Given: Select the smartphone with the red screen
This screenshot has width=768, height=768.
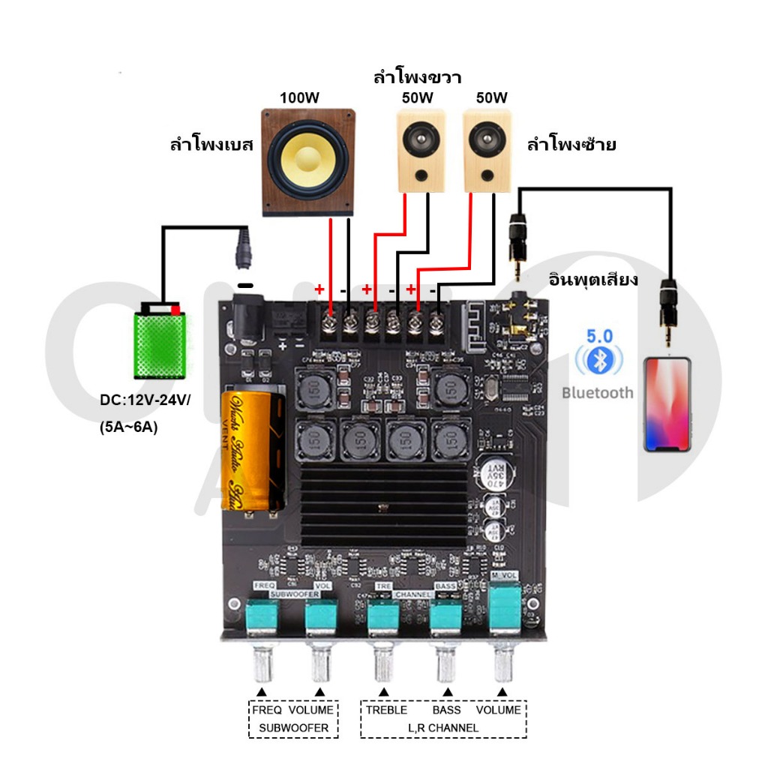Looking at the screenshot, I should click(x=667, y=404).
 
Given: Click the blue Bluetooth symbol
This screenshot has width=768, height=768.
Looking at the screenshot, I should click(x=598, y=361).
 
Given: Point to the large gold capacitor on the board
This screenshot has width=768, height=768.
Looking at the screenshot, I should click(x=253, y=450).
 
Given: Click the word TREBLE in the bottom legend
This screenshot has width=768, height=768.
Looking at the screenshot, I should click(x=386, y=709).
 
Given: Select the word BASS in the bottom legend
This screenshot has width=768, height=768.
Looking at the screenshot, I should click(x=447, y=709).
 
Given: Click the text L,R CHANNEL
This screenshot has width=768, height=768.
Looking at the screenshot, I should click(x=442, y=727).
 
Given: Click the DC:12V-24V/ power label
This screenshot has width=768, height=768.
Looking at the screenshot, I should click(x=145, y=400).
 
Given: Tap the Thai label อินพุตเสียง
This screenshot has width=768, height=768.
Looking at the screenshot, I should click(x=592, y=280).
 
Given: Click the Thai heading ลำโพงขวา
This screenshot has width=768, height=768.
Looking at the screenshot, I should click(x=417, y=77).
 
